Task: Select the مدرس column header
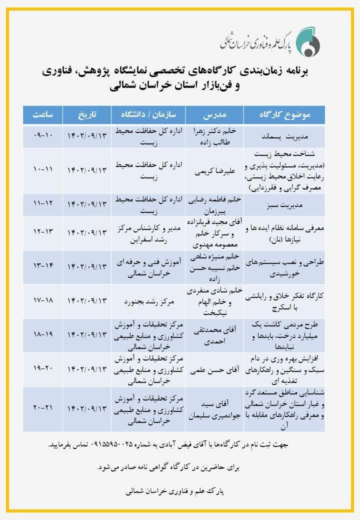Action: click(215, 115)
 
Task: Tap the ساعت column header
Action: click(43, 115)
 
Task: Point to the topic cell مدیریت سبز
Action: click(284, 204)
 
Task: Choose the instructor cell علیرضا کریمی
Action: click(215, 170)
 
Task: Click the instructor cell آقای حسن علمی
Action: click(215, 369)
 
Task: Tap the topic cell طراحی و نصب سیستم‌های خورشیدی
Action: click(284, 267)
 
